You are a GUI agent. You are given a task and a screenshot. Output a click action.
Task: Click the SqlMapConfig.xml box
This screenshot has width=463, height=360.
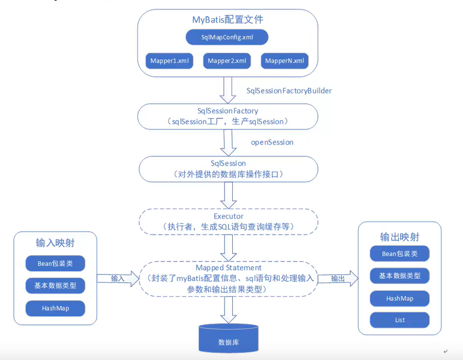[227, 37]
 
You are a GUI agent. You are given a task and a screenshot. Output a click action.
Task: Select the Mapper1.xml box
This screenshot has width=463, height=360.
[169, 61]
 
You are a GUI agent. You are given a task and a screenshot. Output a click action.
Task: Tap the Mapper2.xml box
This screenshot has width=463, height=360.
[227, 61]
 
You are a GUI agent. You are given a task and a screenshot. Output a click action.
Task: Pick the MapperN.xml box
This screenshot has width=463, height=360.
[285, 61]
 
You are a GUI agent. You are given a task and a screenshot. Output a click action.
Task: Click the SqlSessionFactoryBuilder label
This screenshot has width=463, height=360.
[289, 91]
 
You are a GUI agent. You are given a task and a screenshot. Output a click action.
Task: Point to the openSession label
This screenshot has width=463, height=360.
[272, 142]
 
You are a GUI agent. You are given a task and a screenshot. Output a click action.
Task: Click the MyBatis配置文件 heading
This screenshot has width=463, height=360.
[228, 20]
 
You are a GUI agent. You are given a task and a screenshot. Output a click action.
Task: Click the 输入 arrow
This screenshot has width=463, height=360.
[119, 279]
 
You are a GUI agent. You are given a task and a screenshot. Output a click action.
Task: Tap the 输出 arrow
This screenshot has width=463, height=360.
[338, 279]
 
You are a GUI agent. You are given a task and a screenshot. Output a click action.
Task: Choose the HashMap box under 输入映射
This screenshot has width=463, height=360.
[55, 308]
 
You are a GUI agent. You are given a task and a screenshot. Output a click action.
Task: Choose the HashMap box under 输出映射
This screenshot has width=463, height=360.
[400, 298]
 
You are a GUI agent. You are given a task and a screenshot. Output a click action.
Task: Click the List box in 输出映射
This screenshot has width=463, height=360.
[400, 320]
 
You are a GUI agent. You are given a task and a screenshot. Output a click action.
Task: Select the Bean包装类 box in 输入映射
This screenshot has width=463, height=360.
[55, 264]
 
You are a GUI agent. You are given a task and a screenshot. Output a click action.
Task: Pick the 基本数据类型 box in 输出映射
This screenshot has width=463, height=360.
[400, 276]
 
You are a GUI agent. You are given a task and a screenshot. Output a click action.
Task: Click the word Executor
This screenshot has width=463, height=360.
[229, 216]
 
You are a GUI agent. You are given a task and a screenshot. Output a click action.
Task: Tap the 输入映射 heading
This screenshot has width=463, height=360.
[55, 243]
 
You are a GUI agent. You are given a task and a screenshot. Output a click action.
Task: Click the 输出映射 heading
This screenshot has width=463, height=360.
[400, 237]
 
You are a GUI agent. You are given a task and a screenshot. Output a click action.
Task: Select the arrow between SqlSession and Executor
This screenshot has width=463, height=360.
[229, 195]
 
